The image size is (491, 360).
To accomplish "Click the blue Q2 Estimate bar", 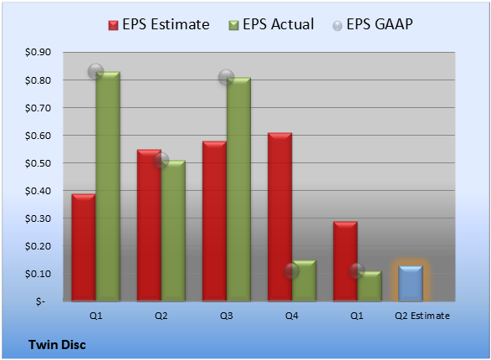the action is pyautogui.click(x=410, y=283).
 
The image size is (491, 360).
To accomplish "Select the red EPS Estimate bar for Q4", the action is pyautogui.click(x=279, y=217).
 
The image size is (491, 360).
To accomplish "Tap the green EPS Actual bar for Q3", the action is pyautogui.click(x=238, y=189).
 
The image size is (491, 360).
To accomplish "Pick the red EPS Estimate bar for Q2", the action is pyautogui.click(x=149, y=225).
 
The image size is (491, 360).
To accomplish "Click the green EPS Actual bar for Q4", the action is pyautogui.click(x=304, y=280).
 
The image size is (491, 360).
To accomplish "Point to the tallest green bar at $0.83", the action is pyautogui.click(x=108, y=187).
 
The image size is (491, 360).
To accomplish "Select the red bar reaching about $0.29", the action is pyautogui.click(x=345, y=261).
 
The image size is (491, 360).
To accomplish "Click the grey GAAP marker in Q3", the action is pyautogui.click(x=226, y=77).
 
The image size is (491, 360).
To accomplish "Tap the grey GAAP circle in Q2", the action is pyautogui.click(x=161, y=161).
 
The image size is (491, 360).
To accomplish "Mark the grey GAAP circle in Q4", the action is pyautogui.click(x=292, y=270).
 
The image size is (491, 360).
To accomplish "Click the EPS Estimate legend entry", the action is pyautogui.click(x=159, y=24).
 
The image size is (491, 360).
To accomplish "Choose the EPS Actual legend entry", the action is pyautogui.click(x=271, y=24).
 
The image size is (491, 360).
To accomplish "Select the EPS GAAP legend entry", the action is pyautogui.click(x=372, y=24).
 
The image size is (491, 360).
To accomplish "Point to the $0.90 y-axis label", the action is pyautogui.click(x=38, y=52).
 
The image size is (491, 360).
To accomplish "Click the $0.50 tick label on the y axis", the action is pyautogui.click(x=38, y=163).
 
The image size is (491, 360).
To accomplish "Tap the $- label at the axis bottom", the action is pyautogui.click(x=40, y=301).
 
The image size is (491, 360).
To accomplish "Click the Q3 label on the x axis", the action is pyautogui.click(x=226, y=316).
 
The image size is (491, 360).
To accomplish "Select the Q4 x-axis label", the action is pyautogui.click(x=292, y=316).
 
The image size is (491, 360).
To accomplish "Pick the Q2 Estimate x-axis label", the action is pyautogui.click(x=422, y=316).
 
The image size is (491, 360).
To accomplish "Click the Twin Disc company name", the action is pyautogui.click(x=57, y=345).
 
